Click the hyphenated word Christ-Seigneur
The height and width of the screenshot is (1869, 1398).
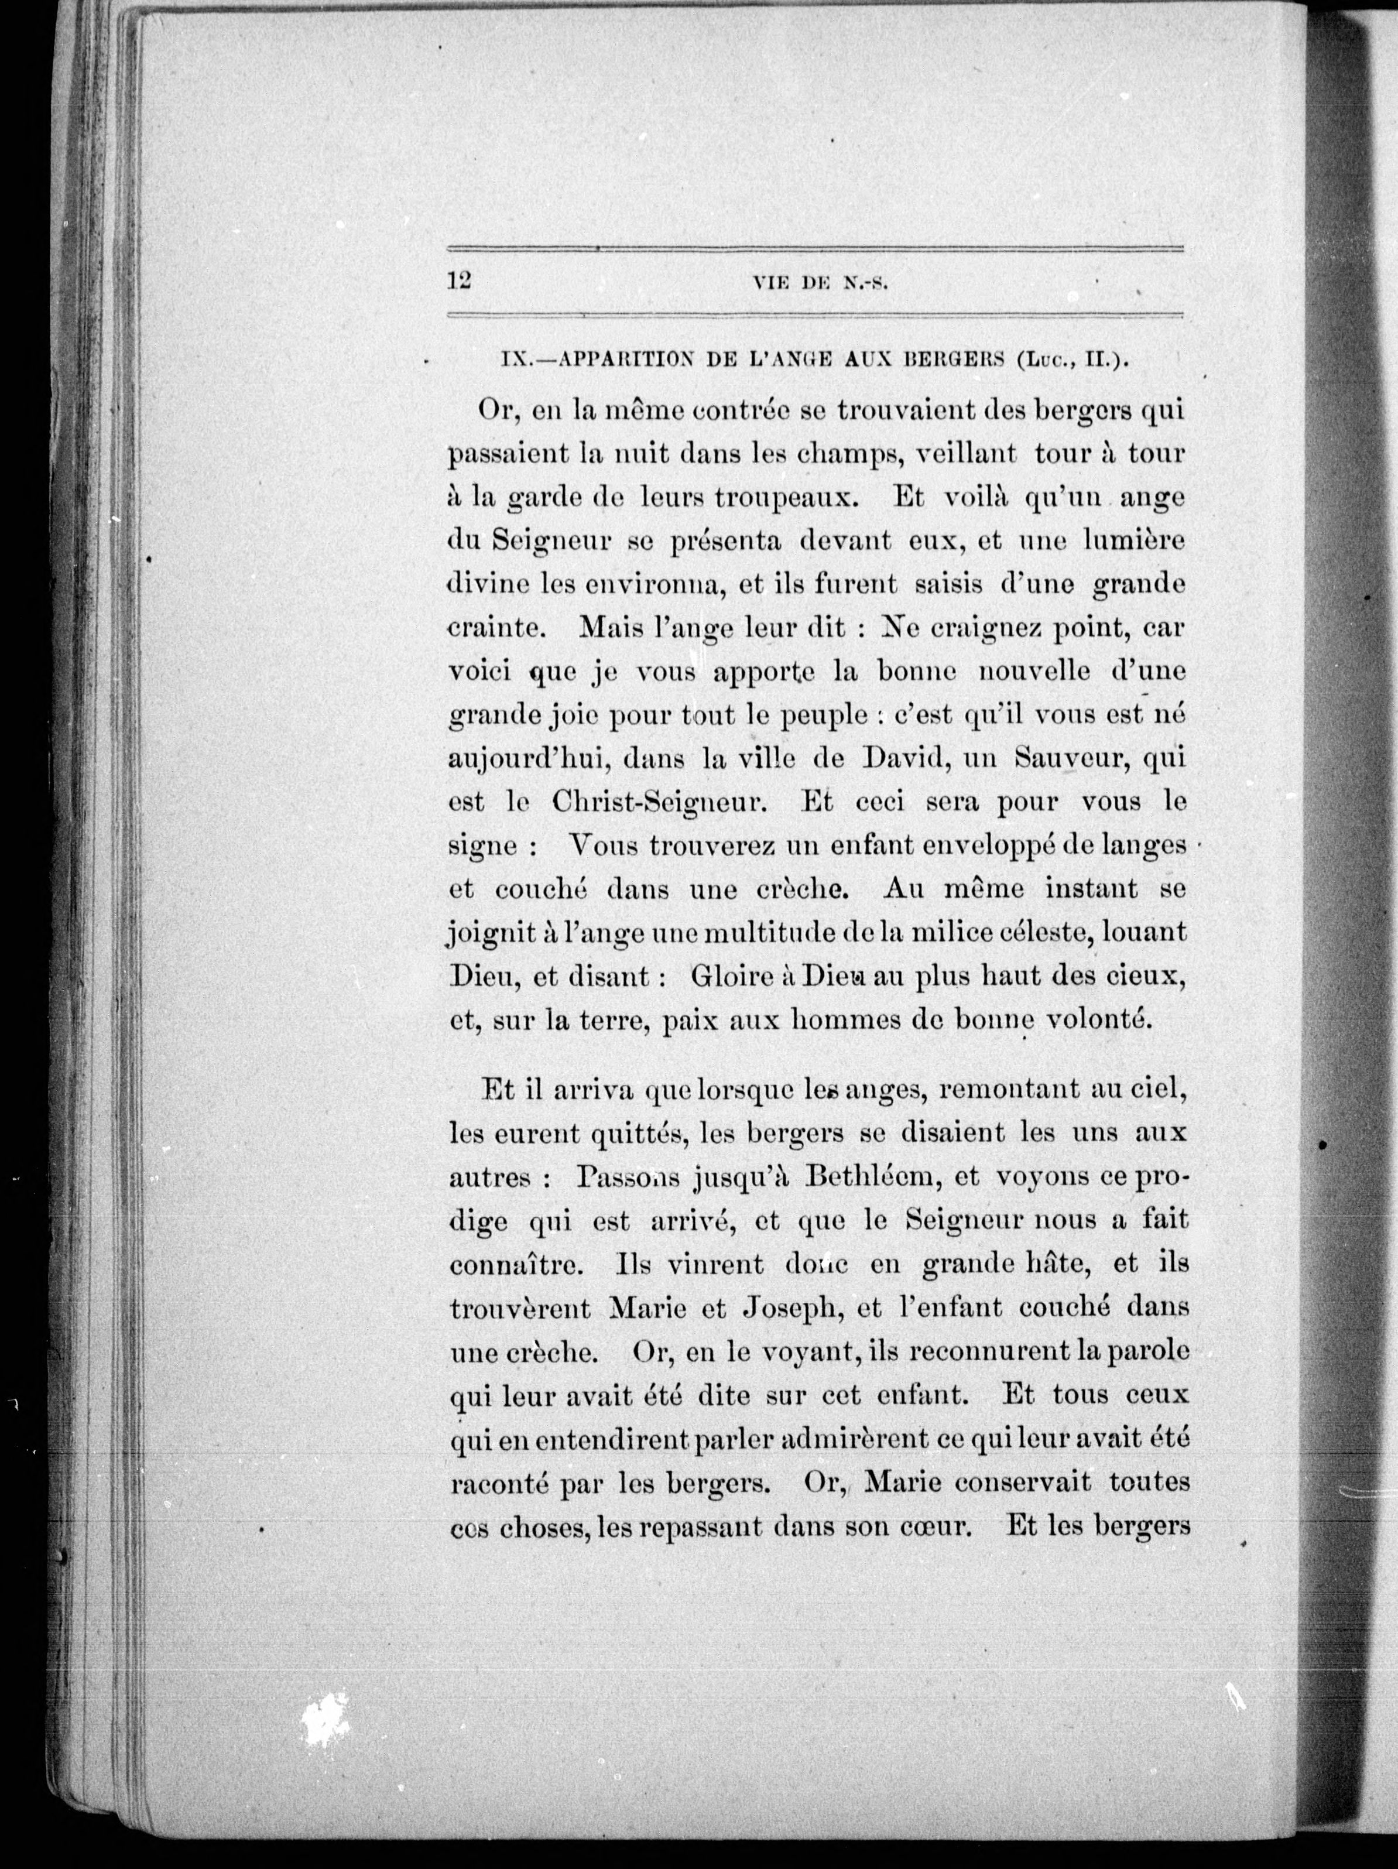point(658,802)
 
